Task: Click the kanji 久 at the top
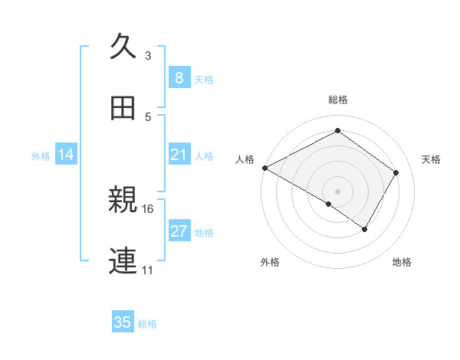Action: click(x=123, y=45)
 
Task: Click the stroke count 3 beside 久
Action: click(x=148, y=55)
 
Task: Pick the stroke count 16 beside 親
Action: click(x=148, y=208)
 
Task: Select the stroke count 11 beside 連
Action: click(x=148, y=270)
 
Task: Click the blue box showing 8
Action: click(x=179, y=78)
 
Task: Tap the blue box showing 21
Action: click(x=179, y=155)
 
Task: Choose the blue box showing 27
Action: click(x=179, y=231)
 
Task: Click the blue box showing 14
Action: click(x=66, y=155)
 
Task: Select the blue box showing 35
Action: click(x=123, y=322)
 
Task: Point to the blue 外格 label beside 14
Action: click(x=41, y=156)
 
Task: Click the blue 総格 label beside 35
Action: click(x=147, y=323)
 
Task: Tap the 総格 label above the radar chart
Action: click(x=338, y=100)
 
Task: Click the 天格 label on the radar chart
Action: click(x=431, y=159)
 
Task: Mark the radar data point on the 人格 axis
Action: click(x=264, y=168)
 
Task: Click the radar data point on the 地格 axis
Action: click(x=365, y=229)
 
